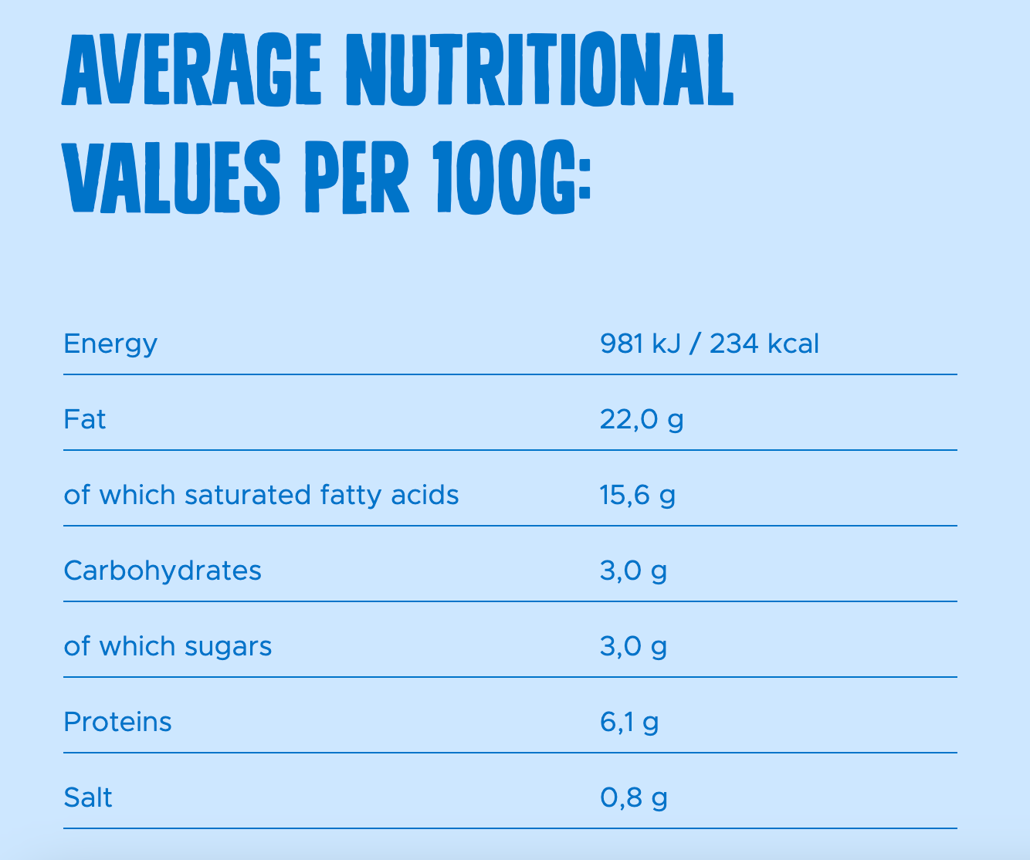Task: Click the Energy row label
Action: tap(110, 344)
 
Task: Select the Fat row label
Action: tap(85, 419)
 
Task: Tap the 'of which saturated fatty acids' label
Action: tap(261, 495)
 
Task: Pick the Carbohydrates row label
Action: tap(162, 571)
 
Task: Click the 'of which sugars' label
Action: tap(168, 646)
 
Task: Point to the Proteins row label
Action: tap(117, 722)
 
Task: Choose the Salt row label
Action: tap(88, 797)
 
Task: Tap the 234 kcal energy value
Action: tap(764, 344)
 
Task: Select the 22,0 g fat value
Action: tap(642, 419)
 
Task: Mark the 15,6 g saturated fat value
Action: tap(638, 495)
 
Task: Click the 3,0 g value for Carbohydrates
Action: tap(633, 571)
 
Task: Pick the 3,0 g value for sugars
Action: tap(633, 646)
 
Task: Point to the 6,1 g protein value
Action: tap(629, 722)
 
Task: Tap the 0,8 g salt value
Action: tap(634, 797)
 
